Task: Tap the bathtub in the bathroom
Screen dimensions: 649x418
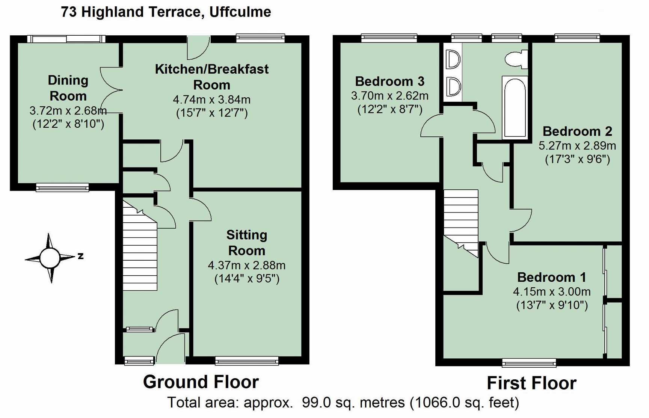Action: point(515,107)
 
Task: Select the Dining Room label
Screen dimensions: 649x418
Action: point(68,88)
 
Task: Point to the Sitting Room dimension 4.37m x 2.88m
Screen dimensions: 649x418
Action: point(247,265)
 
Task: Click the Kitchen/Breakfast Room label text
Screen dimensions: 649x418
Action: point(212,77)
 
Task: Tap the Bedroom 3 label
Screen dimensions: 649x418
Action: point(390,81)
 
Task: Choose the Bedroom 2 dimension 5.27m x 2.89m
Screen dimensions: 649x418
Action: point(577,145)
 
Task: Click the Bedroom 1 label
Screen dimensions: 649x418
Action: point(552,277)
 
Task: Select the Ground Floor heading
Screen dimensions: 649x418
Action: point(201,382)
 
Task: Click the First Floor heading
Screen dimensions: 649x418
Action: point(531,383)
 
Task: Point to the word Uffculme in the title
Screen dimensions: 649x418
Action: point(240,12)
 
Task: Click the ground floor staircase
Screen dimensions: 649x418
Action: point(140,245)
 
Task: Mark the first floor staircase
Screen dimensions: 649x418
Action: point(461,223)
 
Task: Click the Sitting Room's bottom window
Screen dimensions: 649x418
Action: point(247,361)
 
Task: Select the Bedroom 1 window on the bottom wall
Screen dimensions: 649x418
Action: point(529,362)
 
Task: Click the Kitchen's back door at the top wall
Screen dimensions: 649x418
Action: point(199,48)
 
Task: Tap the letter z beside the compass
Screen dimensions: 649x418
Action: point(80,256)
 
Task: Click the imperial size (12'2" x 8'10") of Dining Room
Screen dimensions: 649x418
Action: point(68,124)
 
